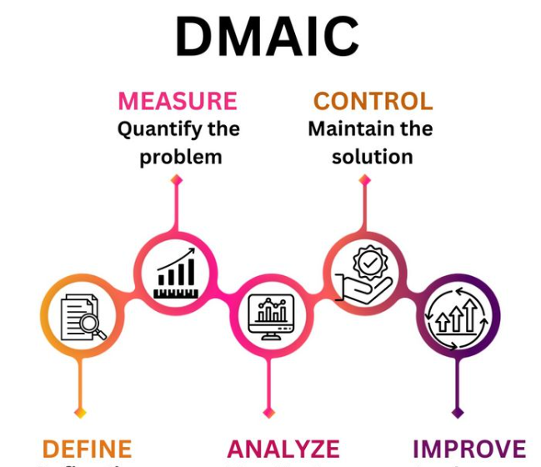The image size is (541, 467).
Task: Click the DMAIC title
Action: click(x=267, y=38)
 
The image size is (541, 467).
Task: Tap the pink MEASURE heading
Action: click(x=178, y=102)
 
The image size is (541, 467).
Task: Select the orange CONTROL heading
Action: click(x=373, y=102)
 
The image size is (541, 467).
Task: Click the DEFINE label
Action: click(x=87, y=449)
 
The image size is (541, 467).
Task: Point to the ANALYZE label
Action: click(x=283, y=449)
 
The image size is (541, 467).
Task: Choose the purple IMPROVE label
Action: click(x=469, y=449)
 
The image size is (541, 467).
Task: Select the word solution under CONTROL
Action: click(x=372, y=156)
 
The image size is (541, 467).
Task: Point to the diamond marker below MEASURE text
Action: click(x=176, y=179)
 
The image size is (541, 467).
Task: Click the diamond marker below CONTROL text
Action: click(x=364, y=179)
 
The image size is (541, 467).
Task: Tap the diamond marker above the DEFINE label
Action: click(x=81, y=412)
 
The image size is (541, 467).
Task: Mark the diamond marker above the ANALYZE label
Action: click(x=268, y=412)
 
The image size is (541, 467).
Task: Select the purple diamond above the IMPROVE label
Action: click(x=458, y=412)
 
